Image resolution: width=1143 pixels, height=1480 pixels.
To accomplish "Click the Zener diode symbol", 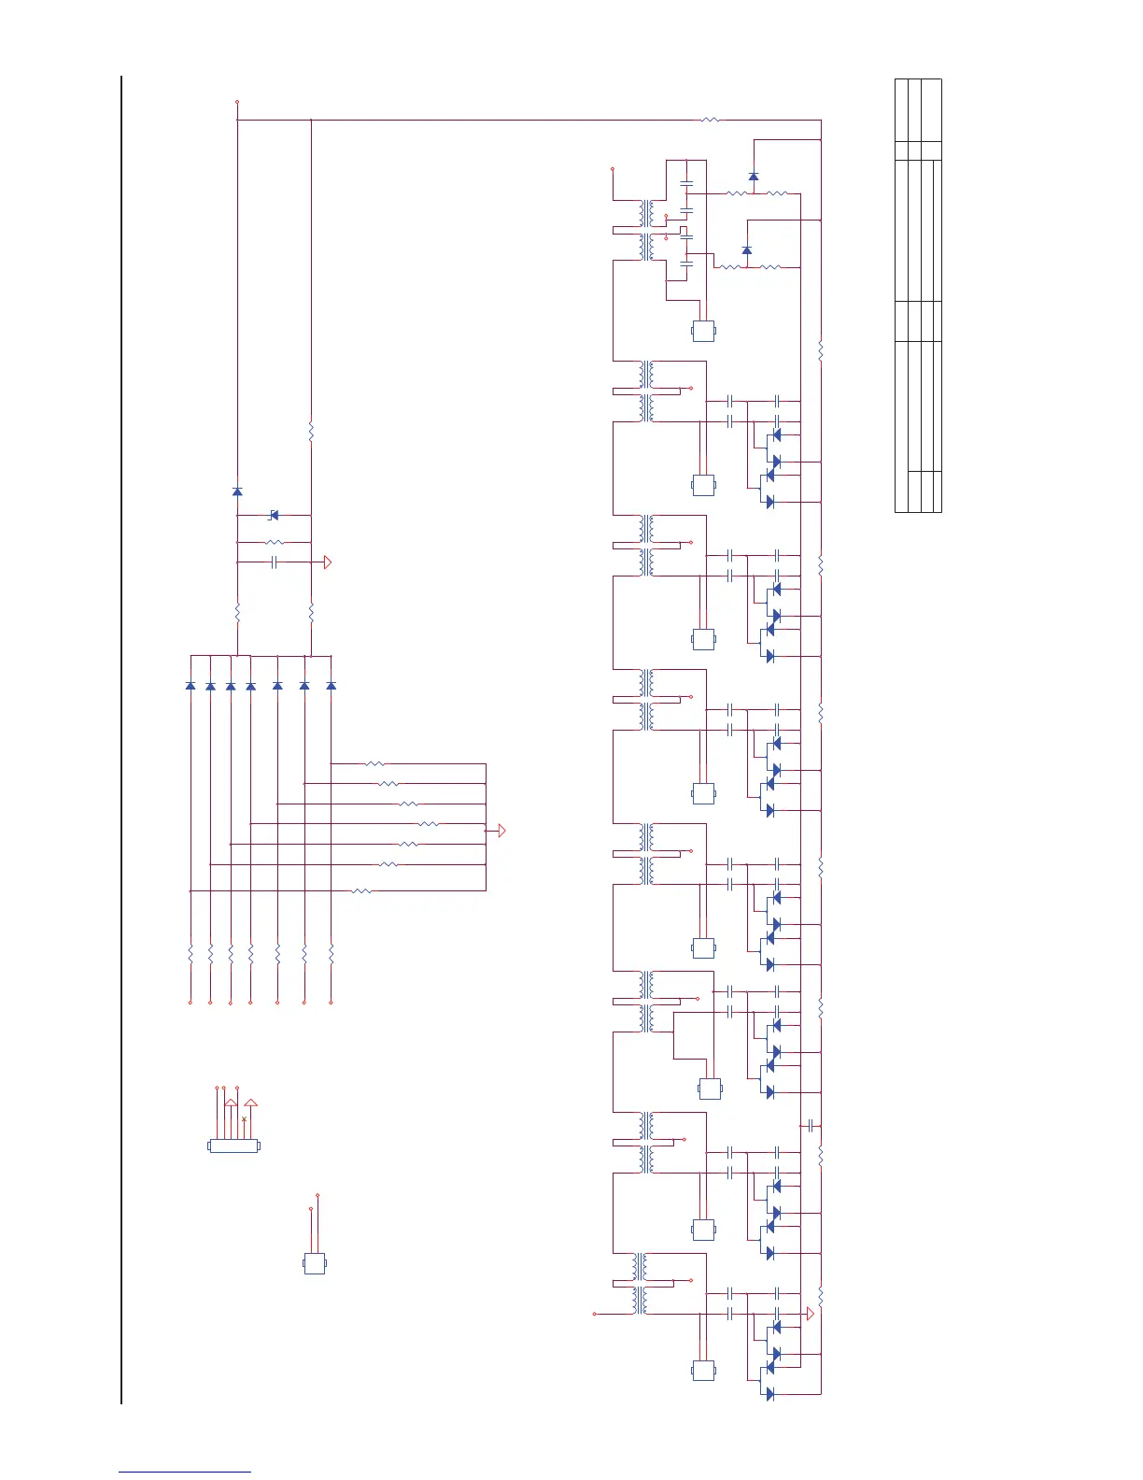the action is (x=274, y=515).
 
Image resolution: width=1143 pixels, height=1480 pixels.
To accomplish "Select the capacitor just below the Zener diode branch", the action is (x=274, y=562).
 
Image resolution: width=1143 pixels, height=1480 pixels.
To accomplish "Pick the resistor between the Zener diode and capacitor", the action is (x=274, y=542).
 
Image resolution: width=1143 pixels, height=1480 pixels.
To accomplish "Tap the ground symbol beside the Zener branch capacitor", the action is (x=328, y=562).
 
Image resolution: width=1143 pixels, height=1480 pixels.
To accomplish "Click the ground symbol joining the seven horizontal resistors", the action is (x=501, y=830).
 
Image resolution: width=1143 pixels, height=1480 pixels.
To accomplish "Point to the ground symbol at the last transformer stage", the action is (x=810, y=1314).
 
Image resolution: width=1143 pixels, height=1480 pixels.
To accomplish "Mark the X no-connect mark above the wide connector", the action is (x=244, y=1118).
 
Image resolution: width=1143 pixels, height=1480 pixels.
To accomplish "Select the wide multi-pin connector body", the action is (x=233, y=1146).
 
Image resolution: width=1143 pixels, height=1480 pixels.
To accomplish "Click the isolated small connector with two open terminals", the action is (x=315, y=1263).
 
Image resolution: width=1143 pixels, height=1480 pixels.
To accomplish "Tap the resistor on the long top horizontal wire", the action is (x=710, y=120).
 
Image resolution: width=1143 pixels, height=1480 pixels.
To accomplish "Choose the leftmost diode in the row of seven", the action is (x=190, y=686).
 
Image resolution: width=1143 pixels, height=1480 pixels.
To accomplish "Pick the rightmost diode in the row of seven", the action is (x=331, y=686).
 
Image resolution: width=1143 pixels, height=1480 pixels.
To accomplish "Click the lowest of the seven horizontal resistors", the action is (x=362, y=890).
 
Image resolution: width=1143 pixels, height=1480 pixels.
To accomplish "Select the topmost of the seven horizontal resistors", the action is (x=374, y=763).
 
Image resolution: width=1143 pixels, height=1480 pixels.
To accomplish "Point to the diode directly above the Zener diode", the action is (x=237, y=491).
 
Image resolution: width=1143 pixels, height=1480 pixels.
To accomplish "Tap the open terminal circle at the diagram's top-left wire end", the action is (x=237, y=102).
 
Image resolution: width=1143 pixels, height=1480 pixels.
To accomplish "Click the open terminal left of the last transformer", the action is (x=595, y=1313).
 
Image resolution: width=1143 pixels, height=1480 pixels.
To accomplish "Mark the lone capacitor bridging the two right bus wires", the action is (x=811, y=1126).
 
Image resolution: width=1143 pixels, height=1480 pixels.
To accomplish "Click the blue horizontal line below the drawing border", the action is (x=185, y=1472).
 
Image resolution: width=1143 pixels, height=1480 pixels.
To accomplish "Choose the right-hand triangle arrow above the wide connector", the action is (x=249, y=1103).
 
